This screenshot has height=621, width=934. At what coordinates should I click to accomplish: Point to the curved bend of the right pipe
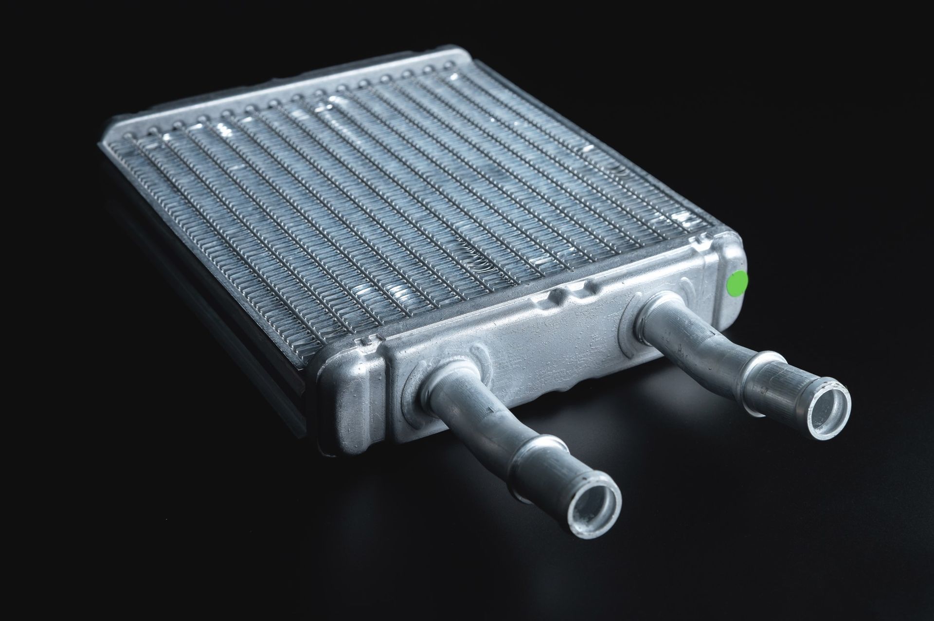pos(705,336)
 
